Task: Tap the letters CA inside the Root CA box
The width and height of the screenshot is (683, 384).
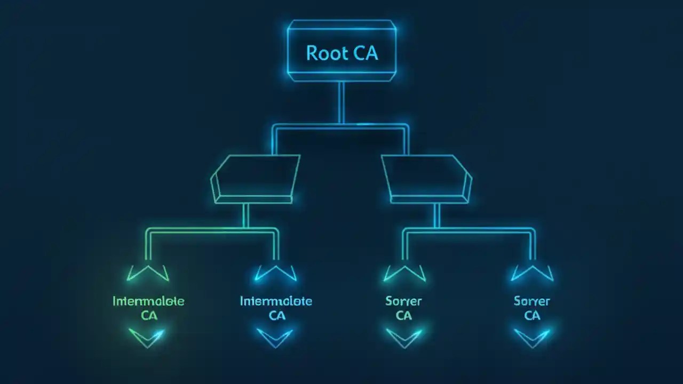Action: pos(366,53)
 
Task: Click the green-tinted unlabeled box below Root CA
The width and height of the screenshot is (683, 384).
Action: pos(255,179)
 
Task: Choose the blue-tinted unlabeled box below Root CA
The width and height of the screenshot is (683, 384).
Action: pos(427,179)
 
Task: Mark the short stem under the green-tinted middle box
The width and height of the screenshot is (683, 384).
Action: pos(245,215)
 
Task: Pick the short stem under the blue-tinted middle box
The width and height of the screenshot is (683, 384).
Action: pos(436,215)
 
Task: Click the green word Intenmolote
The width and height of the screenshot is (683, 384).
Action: pos(148,301)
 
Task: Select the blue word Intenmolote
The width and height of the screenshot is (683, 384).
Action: pos(276,301)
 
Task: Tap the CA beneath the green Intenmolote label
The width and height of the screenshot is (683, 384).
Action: pos(149,316)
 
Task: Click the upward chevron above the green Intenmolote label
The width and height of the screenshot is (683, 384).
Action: pos(148,273)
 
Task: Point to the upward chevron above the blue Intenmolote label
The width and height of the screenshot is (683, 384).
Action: pos(276,273)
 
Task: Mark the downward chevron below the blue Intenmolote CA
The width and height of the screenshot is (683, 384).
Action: pos(275,338)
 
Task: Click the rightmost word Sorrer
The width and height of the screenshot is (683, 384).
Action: pos(531,301)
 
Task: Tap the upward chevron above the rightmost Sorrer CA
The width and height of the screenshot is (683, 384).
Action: pos(532,273)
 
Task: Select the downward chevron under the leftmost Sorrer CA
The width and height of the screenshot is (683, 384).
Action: pos(404,338)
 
